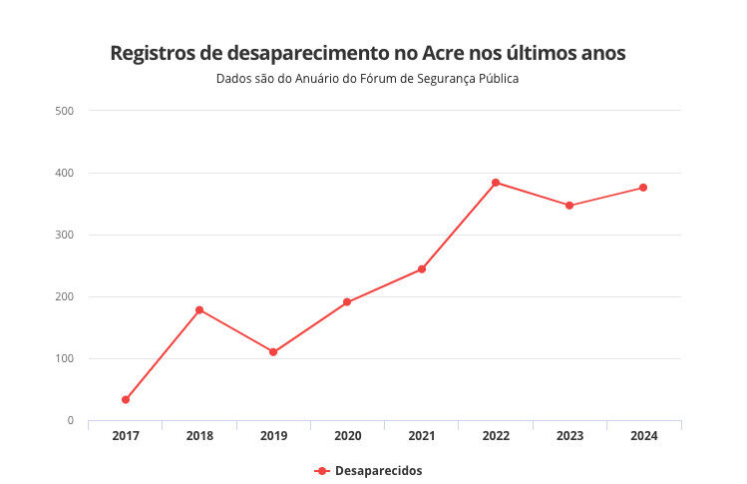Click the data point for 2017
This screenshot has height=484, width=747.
click(x=126, y=399)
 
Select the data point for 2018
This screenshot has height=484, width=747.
click(x=199, y=310)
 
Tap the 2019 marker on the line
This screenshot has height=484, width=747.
click(x=273, y=352)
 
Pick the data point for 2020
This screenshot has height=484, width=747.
click(x=347, y=302)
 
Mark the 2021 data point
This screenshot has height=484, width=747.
click(x=422, y=269)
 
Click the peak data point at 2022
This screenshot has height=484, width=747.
click(x=496, y=183)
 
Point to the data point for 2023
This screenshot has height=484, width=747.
click(x=569, y=206)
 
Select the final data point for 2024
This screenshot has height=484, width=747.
click(x=643, y=188)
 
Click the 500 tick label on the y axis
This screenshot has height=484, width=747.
click(x=65, y=111)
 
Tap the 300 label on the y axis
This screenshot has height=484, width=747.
click(x=65, y=235)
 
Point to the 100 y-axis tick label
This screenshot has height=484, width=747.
click(x=65, y=358)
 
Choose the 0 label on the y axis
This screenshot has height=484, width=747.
click(x=70, y=420)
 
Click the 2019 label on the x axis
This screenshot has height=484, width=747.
click(x=273, y=436)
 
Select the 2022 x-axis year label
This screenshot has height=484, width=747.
click(x=496, y=436)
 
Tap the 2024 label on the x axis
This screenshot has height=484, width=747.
click(x=643, y=436)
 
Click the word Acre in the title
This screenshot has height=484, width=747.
click(x=449, y=53)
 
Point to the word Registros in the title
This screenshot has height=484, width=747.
click(x=152, y=53)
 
